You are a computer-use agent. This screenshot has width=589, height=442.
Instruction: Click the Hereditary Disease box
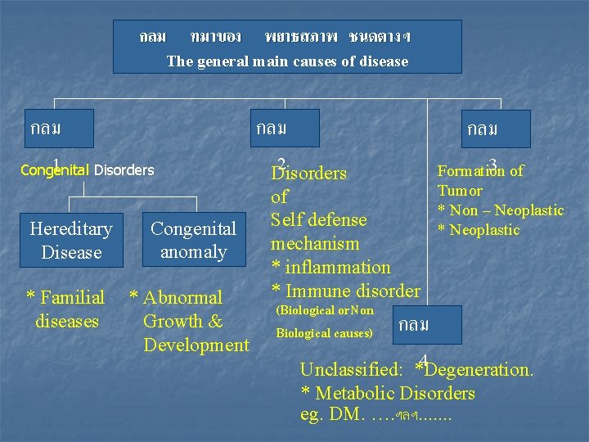[x=71, y=241]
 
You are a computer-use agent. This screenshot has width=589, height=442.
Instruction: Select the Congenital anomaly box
[x=194, y=241]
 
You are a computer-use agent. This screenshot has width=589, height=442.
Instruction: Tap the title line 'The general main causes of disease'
[x=287, y=61]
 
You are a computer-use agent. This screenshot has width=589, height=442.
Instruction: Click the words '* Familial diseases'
[x=66, y=309]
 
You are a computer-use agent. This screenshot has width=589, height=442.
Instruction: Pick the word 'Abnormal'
[x=182, y=298]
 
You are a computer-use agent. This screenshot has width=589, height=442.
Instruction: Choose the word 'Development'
[x=196, y=345]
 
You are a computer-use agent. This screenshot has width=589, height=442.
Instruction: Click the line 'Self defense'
[x=319, y=220]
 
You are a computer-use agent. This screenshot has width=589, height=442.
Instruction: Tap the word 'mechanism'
[x=315, y=244]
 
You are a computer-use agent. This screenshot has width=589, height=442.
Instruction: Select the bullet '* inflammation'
[x=331, y=267]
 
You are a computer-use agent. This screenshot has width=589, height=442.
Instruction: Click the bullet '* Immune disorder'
[x=346, y=291]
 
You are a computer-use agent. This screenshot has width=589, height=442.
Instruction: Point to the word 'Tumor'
[x=460, y=191]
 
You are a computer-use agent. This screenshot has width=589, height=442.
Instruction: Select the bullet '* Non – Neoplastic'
[x=501, y=210]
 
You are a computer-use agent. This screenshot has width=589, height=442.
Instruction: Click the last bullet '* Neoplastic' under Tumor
[x=479, y=230]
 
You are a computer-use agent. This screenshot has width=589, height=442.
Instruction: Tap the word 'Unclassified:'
[x=351, y=370]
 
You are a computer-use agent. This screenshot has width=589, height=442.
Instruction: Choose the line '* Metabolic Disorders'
[x=388, y=393]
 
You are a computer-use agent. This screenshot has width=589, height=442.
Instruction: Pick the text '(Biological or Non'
[x=325, y=311]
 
